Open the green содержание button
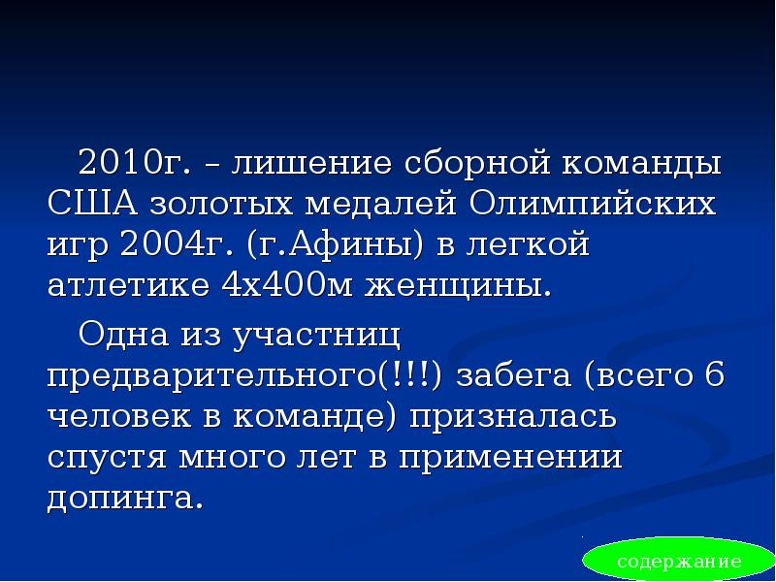pyautogui.click(x=678, y=562)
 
